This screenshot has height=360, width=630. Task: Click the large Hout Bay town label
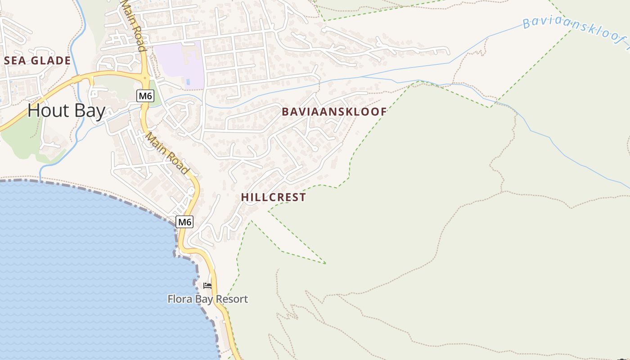coord(66,110)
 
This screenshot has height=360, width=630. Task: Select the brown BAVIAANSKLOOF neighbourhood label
coord(334,112)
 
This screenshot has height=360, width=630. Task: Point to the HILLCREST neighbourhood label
coord(273,197)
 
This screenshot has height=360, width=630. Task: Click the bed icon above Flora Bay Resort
coord(207,286)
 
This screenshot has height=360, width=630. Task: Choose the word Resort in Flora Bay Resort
coord(232,299)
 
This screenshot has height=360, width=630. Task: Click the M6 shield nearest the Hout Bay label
coord(144,95)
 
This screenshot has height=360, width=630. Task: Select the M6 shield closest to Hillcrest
coord(184,221)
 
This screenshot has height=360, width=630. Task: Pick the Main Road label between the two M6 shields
coord(166,153)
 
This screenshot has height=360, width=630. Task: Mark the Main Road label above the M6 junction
coord(133,25)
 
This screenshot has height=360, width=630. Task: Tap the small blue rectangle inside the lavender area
coord(188,82)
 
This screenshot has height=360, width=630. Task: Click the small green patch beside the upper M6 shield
coord(153,88)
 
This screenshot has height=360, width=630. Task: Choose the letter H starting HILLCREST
coord(244,197)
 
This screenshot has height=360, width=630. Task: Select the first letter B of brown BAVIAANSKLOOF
coord(285,112)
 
